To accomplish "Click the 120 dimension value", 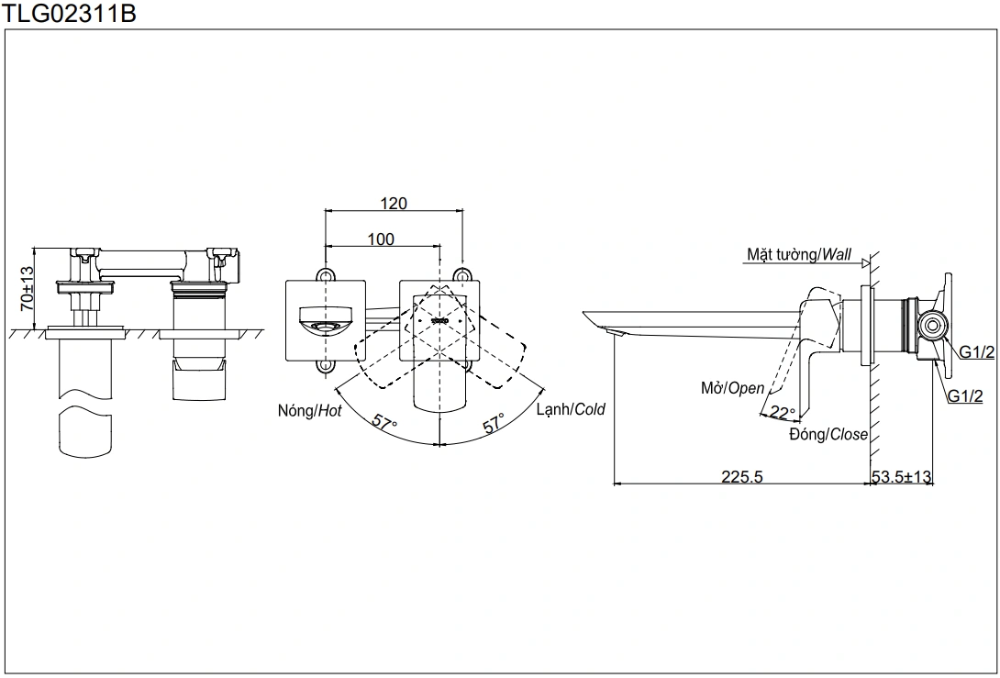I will (x=394, y=203).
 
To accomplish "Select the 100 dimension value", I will (x=381, y=239).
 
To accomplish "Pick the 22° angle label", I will (x=782, y=412).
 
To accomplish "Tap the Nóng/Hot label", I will (x=309, y=411).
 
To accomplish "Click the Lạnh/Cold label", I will (x=571, y=409).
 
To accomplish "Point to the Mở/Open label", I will (x=732, y=388).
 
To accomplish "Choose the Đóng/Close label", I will (x=828, y=434).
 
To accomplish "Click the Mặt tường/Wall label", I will (x=798, y=254).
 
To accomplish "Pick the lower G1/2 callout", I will (x=965, y=395).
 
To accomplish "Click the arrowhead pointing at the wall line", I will (x=864, y=264).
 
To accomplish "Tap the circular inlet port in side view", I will (x=933, y=325).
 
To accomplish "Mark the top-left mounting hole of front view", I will (x=324, y=274).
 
